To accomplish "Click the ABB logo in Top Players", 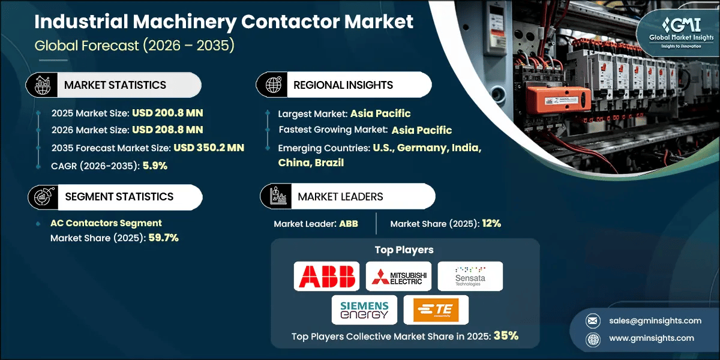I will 327,276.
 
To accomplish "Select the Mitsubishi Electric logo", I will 398,276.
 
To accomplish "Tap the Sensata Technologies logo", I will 470,276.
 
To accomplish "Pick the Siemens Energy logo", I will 364,310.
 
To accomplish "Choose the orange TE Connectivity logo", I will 436,310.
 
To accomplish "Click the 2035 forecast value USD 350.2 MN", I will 209,148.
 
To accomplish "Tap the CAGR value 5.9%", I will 155,166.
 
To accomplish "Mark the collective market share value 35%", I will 506,336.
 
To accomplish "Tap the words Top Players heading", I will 404,250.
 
